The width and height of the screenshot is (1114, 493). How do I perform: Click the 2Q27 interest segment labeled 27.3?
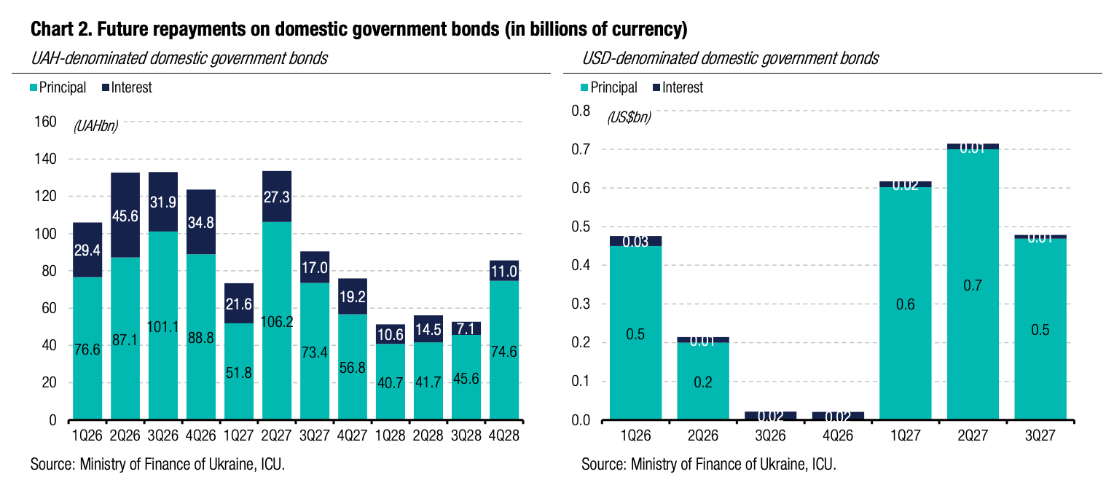tap(277, 197)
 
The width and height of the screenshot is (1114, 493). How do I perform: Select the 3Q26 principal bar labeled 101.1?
tap(163, 326)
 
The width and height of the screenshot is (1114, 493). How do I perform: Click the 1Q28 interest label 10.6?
tap(390, 334)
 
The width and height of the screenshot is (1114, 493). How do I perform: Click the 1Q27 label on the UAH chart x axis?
tap(238, 435)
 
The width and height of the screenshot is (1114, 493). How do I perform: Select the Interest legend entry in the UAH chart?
tap(131, 88)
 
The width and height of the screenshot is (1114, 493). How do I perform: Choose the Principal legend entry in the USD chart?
tap(613, 88)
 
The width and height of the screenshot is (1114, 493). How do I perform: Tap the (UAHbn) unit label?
tap(95, 126)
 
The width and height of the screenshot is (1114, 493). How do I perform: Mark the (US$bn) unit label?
tap(629, 117)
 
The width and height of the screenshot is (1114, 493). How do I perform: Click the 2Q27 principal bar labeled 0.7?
tap(973, 285)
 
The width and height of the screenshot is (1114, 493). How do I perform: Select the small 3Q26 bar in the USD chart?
tap(770, 416)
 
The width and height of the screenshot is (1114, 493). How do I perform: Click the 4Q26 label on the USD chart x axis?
tap(838, 435)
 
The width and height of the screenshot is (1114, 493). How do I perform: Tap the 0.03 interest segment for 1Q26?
tap(636, 241)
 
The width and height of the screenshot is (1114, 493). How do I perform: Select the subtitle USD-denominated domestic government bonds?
tap(731, 59)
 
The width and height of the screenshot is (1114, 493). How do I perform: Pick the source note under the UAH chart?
tap(157, 465)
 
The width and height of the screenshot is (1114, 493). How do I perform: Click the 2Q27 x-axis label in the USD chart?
tap(973, 435)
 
